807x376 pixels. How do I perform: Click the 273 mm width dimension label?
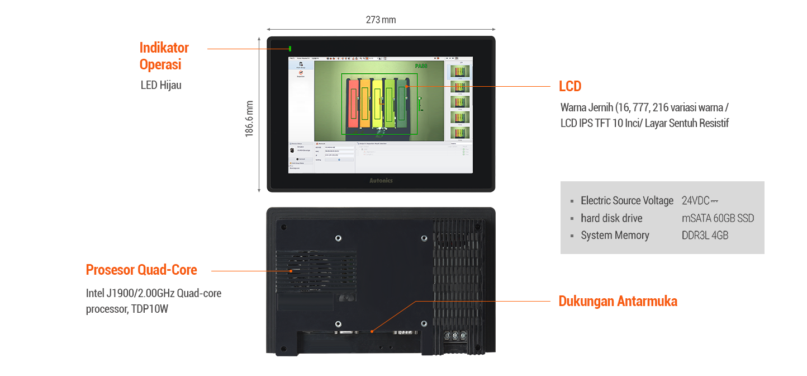(381, 20)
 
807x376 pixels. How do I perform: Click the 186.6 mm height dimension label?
(250, 119)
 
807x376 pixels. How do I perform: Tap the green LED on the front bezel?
(290, 49)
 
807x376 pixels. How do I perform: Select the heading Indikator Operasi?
(164, 56)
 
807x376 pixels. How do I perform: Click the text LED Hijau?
(161, 85)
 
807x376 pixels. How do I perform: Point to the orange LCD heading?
(570, 86)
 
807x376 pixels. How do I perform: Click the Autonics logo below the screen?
(381, 181)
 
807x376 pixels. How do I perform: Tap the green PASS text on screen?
(421, 66)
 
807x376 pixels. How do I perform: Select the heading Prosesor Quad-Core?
(141, 270)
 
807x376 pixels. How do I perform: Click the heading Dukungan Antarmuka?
(618, 301)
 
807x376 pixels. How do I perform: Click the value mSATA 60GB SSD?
(718, 218)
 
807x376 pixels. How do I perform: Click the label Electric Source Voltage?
(626, 201)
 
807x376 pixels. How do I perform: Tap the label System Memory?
(615, 236)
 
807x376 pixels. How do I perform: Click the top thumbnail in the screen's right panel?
(460, 72)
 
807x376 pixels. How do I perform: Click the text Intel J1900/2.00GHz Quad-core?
(154, 293)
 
